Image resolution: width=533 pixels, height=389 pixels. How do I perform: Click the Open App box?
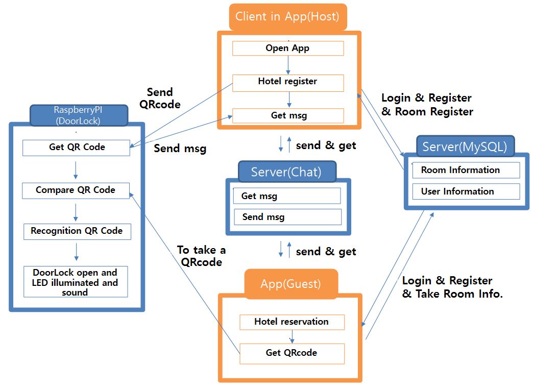tap(288, 48)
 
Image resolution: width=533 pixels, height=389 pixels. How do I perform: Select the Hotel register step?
tap(288, 82)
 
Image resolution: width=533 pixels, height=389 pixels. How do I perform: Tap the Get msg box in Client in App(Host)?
tap(288, 115)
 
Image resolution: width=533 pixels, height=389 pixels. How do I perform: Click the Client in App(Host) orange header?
tap(287, 17)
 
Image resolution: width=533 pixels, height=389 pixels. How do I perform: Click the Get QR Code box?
tap(77, 148)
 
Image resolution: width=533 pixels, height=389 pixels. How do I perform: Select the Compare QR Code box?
tap(76, 190)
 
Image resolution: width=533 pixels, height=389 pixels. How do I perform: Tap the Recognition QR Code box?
tap(77, 231)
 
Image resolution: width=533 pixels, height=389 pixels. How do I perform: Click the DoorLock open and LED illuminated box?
tap(75, 282)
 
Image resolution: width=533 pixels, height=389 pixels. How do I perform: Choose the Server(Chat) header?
tap(286, 172)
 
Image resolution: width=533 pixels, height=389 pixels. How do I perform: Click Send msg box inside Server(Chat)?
tap(287, 217)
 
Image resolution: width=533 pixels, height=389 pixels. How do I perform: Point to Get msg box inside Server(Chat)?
tap(286, 196)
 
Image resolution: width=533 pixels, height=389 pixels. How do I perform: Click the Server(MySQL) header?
tap(465, 148)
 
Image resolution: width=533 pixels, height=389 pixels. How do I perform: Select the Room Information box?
tap(466, 170)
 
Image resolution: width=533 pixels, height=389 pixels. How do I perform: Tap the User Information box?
tap(466, 191)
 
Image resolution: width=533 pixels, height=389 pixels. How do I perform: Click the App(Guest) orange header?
tap(291, 284)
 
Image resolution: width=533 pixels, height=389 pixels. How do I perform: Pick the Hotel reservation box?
tap(292, 322)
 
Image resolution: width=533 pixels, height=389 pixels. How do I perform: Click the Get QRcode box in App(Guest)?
tap(292, 353)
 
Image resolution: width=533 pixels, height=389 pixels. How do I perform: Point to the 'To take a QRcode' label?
tap(201, 256)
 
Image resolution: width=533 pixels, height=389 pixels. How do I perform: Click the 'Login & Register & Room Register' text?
tap(427, 105)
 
